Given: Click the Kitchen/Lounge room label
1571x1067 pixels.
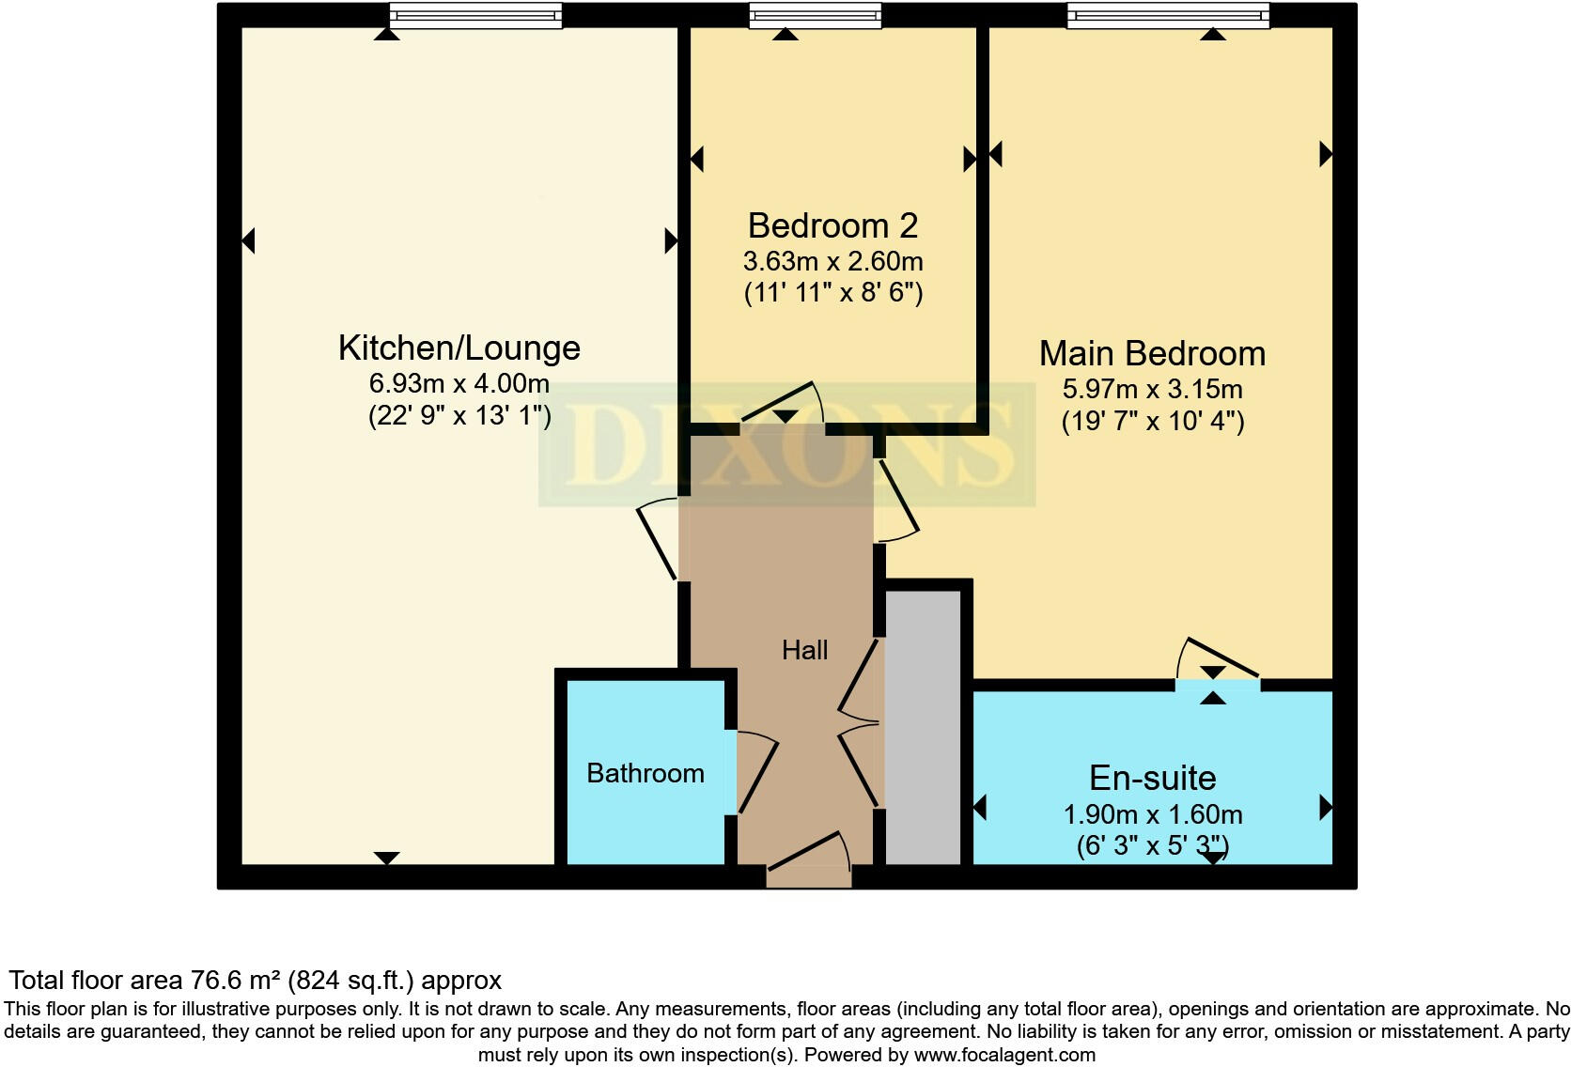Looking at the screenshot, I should (459, 348).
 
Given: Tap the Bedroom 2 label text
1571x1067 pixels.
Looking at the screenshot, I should (832, 226).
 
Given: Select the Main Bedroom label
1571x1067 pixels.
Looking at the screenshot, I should (1152, 354).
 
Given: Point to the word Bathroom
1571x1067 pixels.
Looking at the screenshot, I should (645, 773).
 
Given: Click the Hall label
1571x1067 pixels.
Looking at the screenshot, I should (804, 650).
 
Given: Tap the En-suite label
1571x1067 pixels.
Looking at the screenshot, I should (1152, 779).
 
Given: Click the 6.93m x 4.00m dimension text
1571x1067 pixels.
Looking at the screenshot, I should (459, 383).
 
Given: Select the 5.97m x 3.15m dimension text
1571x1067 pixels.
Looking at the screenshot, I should (1152, 389).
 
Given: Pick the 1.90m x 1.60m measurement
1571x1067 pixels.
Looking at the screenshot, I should (1152, 814).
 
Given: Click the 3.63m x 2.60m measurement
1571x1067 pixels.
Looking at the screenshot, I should (832, 261).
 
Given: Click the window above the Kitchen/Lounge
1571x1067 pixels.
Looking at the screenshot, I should (475, 16).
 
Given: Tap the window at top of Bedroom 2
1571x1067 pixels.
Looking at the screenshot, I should (815, 16).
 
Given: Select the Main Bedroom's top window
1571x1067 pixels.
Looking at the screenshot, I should (1167, 16).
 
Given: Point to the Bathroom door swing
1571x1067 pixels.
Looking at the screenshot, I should (756, 772).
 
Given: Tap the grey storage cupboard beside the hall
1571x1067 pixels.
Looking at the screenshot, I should (924, 728).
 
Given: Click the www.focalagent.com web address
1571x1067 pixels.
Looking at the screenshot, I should (1003, 1055).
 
